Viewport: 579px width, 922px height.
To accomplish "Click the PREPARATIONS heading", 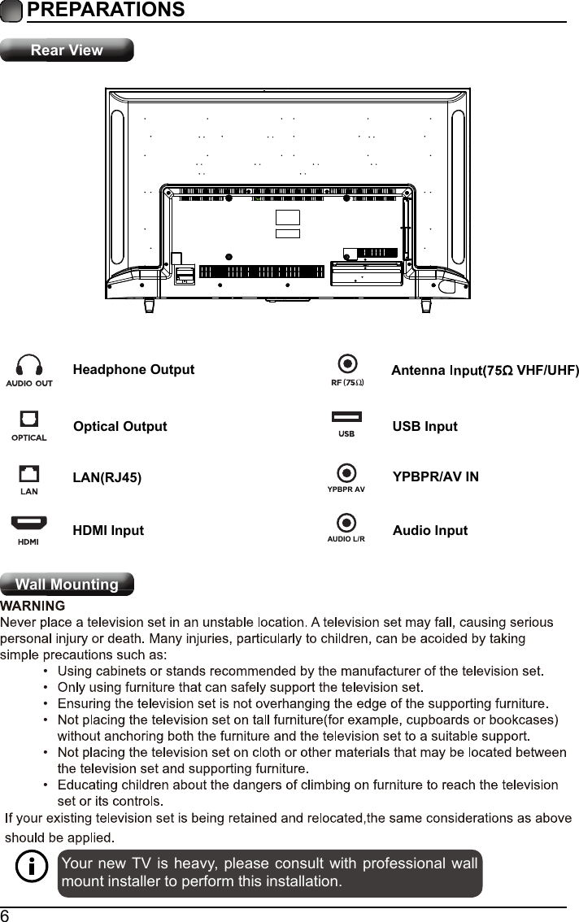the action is [x=105, y=11].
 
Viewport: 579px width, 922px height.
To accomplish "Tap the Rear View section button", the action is [x=67, y=50].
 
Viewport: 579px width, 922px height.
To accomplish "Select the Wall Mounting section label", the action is [x=67, y=585].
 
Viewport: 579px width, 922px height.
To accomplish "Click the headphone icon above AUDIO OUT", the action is [x=29, y=365].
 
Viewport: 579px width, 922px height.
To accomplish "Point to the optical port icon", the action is [x=29, y=419].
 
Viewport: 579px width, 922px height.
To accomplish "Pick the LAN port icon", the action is [x=29, y=473].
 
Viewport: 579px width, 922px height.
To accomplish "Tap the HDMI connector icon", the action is [x=29, y=523].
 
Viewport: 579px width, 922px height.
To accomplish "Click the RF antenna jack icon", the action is [x=347, y=363].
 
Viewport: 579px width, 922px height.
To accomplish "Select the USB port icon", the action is [x=346, y=418].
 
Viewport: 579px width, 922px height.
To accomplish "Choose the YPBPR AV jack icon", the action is [x=347, y=472].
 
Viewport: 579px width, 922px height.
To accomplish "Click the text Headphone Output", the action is [x=133, y=370].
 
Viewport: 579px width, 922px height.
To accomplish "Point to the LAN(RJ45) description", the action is [x=107, y=477].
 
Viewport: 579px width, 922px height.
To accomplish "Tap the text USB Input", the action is [x=424, y=427].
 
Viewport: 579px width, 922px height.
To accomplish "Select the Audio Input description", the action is [x=429, y=531].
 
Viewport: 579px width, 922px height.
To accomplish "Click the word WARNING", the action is [x=33, y=606].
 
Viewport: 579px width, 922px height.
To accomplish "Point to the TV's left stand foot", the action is [x=149, y=305].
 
